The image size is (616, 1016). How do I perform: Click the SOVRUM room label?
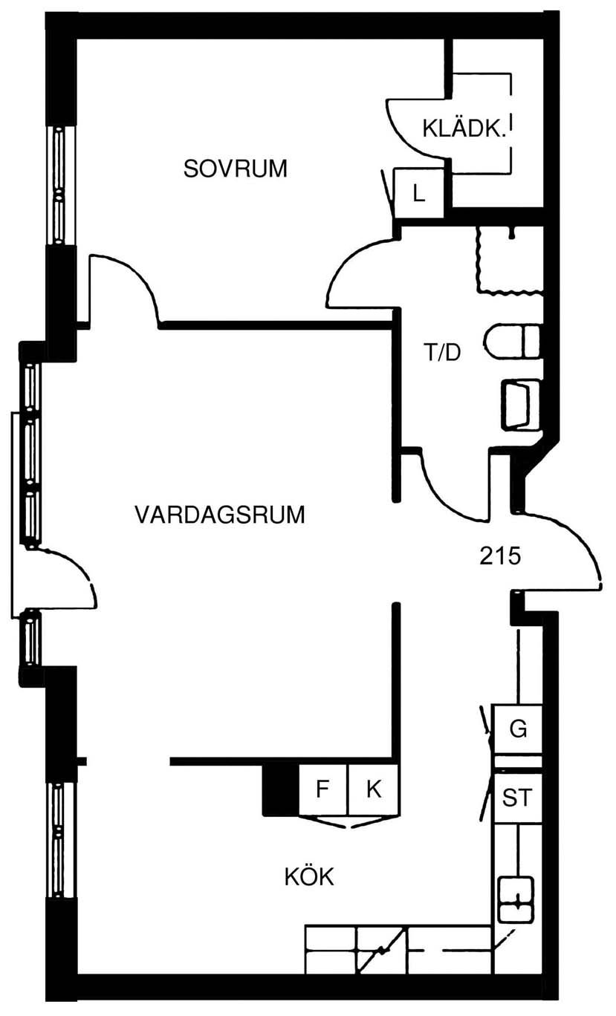point(235,169)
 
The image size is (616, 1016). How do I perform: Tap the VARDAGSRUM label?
point(220,515)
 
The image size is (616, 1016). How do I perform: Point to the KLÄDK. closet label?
point(464,128)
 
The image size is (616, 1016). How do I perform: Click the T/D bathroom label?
point(441,352)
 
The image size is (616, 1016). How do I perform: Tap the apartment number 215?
point(500,556)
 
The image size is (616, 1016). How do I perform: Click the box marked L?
point(418,194)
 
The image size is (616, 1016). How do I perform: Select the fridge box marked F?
point(323,789)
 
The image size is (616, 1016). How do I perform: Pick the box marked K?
point(374,789)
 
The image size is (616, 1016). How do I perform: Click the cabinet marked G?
point(517,729)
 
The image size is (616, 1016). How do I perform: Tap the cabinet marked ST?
point(517,798)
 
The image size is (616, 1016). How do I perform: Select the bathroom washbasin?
point(521,405)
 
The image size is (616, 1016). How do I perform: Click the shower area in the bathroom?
point(509,261)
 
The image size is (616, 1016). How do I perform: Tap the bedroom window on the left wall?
point(59,185)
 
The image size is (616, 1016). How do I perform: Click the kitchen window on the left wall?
point(59,841)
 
